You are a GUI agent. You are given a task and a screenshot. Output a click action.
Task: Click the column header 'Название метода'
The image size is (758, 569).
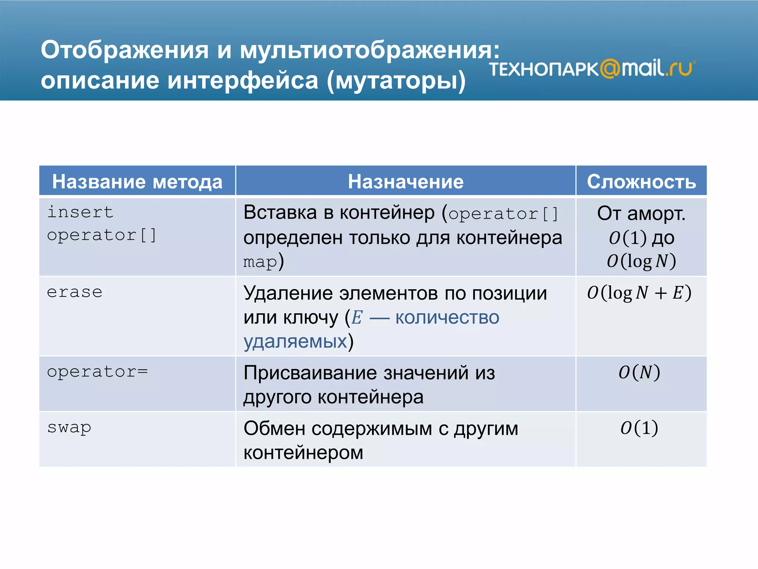point(137,182)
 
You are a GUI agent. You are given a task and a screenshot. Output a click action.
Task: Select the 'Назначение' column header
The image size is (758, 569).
point(405,182)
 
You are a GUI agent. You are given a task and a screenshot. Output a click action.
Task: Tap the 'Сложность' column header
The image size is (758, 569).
point(641,182)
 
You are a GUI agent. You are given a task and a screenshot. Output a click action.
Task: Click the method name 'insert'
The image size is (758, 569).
point(80,212)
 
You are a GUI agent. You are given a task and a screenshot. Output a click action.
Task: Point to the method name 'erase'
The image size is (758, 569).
point(74,292)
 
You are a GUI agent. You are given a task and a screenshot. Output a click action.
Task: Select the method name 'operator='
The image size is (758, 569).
point(97,372)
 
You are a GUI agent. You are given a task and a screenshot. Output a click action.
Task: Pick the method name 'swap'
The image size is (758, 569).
point(69,428)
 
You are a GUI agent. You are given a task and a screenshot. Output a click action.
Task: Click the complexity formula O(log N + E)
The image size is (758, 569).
point(639,293)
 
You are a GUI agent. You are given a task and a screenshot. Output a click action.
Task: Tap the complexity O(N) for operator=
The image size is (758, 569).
point(639,372)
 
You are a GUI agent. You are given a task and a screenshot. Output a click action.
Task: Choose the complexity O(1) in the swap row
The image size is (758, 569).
point(639,428)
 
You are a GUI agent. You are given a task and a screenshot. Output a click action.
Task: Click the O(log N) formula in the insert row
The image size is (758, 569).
point(641,261)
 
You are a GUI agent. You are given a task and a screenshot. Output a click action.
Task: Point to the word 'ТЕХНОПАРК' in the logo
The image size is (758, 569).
point(543,69)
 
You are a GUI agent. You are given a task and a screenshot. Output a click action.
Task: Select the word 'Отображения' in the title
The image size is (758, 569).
point(125,50)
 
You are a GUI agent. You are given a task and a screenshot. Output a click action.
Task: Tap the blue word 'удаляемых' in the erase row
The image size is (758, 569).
point(295,341)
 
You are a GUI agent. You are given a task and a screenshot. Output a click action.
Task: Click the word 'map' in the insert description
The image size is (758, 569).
point(260,262)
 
